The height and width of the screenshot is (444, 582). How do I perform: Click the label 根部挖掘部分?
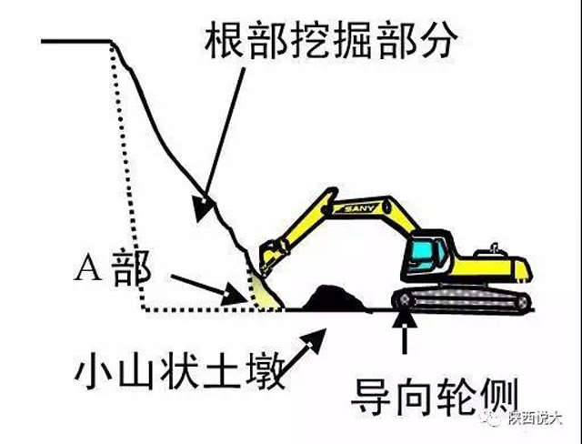333,38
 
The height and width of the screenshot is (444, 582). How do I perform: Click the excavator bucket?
266,260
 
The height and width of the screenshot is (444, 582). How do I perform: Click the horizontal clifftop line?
77,42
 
